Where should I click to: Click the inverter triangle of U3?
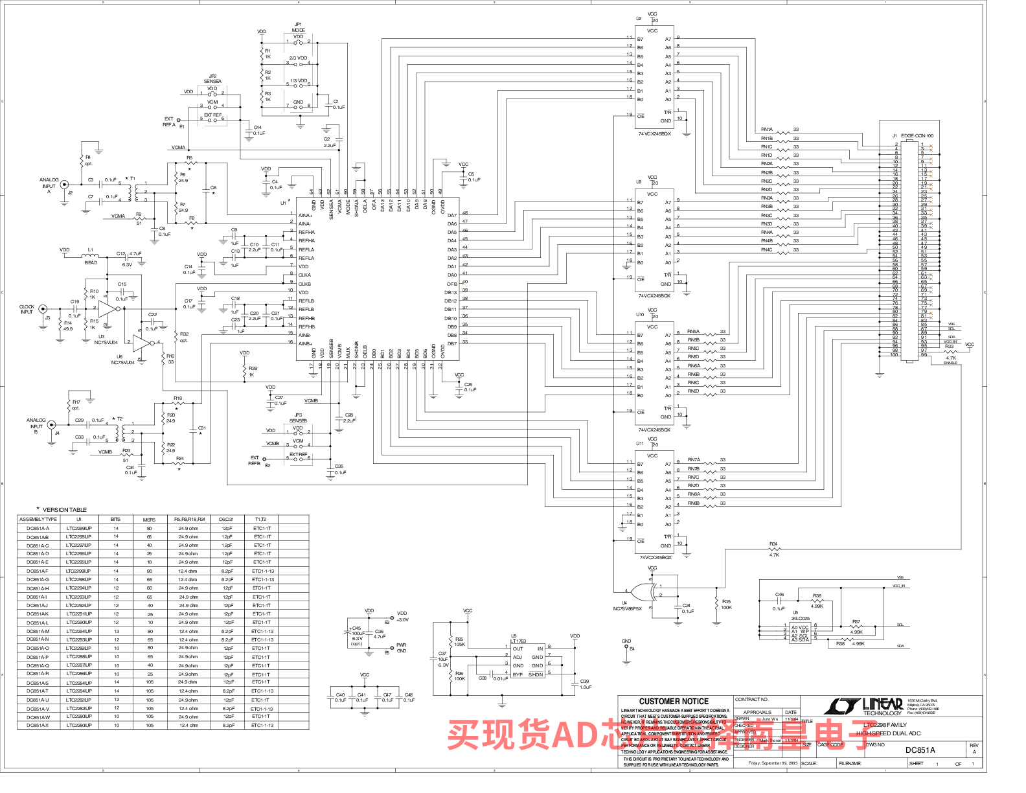pos(107,309)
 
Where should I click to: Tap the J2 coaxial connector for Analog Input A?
pos(64,185)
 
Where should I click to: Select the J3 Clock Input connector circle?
pos(43,309)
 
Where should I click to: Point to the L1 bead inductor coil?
pos(91,254)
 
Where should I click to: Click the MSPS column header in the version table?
pos(149,520)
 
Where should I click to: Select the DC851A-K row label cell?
pos(38,614)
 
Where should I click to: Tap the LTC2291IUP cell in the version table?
pos(79,614)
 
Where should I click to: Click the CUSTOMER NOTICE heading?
pos(674,701)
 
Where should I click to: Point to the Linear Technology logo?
pos(864,706)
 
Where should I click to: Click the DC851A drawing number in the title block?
pos(920,750)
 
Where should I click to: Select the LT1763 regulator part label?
pos(518,641)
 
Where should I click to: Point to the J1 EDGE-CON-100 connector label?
pos(917,136)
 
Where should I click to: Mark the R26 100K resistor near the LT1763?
pos(450,676)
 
